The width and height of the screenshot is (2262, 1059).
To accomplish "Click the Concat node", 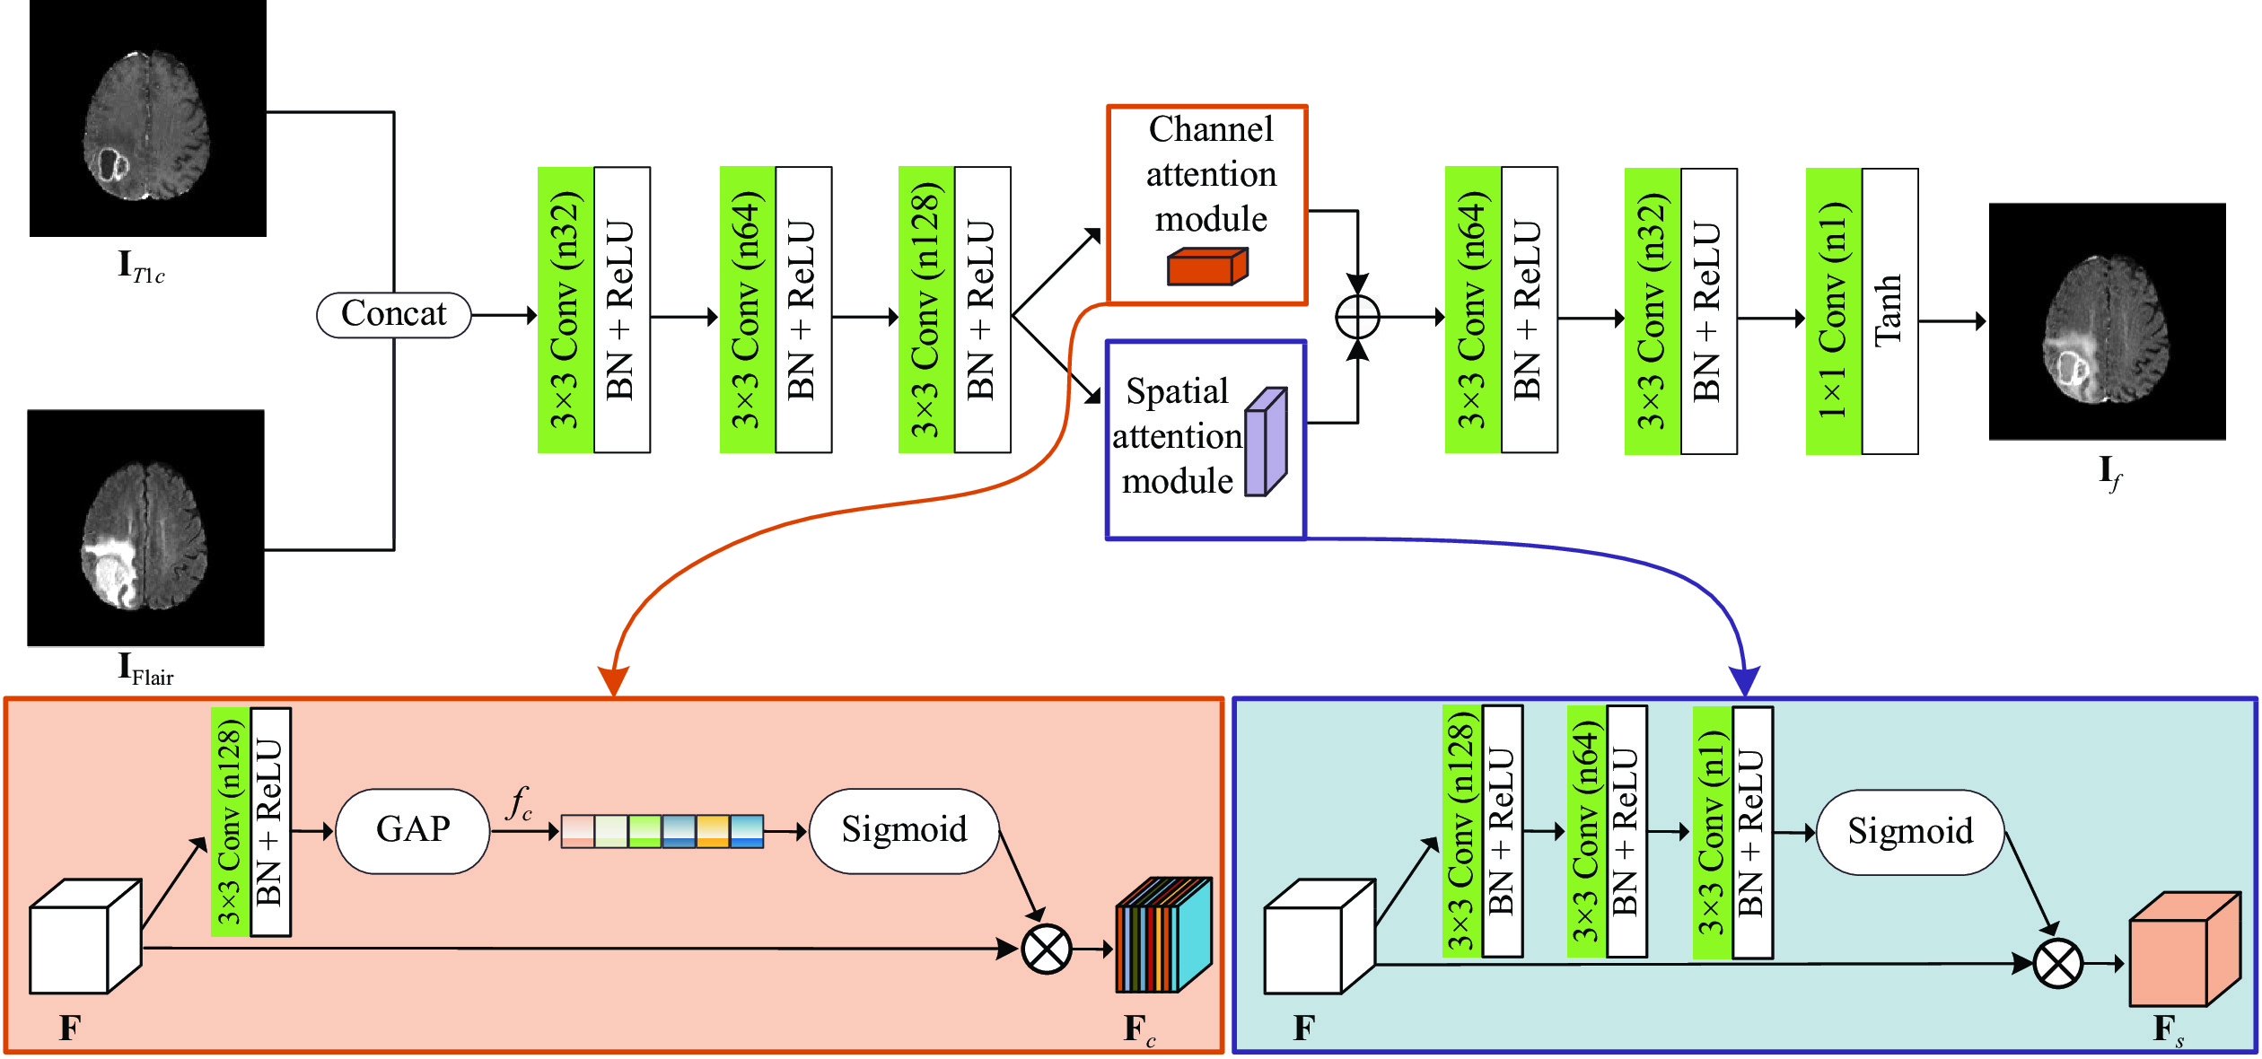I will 393,314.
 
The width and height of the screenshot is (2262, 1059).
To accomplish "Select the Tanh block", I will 1889,311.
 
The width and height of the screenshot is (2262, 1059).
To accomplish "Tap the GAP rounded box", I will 413,830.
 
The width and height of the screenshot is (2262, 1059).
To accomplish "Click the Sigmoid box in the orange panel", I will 904,830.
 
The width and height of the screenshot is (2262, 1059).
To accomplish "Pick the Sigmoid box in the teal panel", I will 1910,832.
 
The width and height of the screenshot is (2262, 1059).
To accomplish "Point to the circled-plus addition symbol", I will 1357,317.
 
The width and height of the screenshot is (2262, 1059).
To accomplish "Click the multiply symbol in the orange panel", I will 1047,949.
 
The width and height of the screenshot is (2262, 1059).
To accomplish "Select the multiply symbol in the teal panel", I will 2057,964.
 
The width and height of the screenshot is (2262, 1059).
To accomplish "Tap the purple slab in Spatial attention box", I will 1266,442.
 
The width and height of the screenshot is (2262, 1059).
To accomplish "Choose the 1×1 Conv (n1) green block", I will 1834,311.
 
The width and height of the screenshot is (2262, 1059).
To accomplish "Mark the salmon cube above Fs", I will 2184,950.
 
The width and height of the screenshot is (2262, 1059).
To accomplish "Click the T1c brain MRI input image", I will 148,118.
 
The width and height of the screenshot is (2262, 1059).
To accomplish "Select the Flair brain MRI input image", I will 146,528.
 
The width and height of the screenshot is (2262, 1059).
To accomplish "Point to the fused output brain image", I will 2107,321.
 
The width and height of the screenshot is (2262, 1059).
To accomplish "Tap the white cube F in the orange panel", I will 84,937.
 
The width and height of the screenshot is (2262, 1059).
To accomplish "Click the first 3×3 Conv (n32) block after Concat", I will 565,310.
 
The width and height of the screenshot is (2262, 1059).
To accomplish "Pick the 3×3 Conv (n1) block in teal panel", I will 1712,833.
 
